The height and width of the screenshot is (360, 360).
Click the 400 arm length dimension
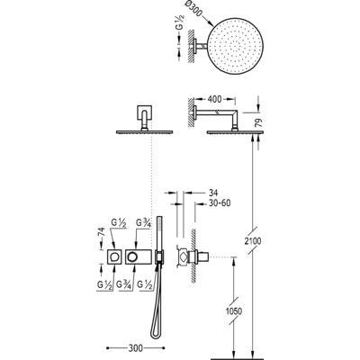(214, 99)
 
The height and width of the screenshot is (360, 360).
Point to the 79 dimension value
(259, 122)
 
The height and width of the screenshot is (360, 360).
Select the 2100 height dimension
(252, 240)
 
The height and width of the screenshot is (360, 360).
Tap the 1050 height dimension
(234, 311)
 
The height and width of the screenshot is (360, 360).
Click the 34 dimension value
(212, 193)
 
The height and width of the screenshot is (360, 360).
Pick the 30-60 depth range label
(220, 203)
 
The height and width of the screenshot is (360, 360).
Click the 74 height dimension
(102, 233)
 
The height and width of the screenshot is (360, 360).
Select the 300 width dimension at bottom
(136, 348)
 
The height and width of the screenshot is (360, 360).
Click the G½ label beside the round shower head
(180, 22)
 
